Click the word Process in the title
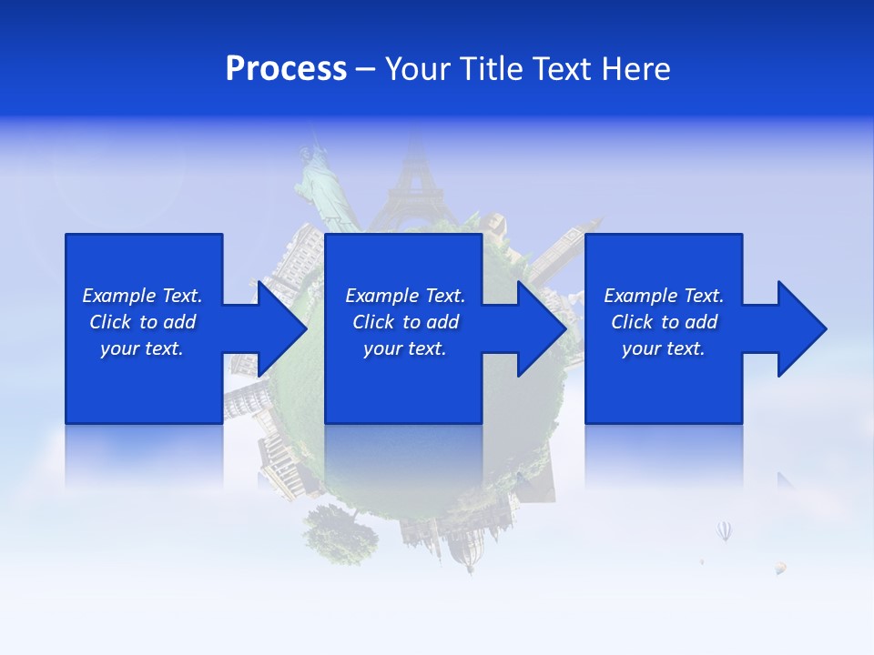pyautogui.click(x=286, y=69)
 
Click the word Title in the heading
pyautogui.click(x=493, y=69)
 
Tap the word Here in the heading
pyautogui.click(x=636, y=69)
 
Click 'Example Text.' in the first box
pyautogui.click(x=142, y=296)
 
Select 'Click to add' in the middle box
pyautogui.click(x=405, y=322)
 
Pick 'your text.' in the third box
pyautogui.click(x=663, y=348)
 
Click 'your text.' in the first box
pyautogui.click(x=142, y=348)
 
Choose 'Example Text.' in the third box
pyautogui.click(x=664, y=296)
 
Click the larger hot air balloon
pyautogui.click(x=724, y=530)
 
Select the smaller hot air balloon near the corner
pyautogui.click(x=780, y=568)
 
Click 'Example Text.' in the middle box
pyautogui.click(x=405, y=296)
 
